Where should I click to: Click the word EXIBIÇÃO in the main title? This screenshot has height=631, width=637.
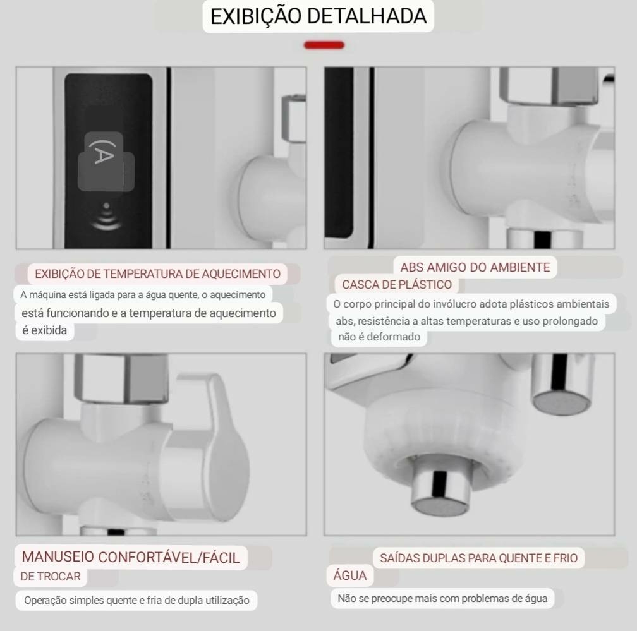256,16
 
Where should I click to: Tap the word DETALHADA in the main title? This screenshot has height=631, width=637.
367,16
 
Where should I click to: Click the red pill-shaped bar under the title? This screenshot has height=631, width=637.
324,45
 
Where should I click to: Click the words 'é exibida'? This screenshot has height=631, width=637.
44,330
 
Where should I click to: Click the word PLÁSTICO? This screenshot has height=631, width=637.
425,284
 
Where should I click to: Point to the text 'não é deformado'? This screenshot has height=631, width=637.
379,337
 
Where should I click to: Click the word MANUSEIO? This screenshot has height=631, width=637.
58,556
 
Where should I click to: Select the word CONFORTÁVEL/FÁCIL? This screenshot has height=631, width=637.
169,558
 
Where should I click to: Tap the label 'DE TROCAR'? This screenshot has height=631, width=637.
51,576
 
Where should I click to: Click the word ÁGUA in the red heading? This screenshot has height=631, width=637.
350,575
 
